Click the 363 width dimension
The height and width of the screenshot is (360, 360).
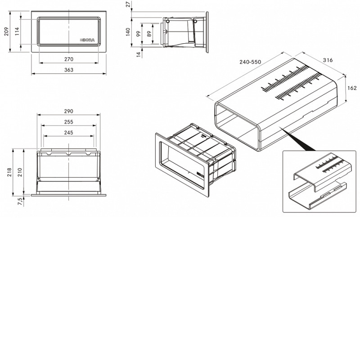(69, 70)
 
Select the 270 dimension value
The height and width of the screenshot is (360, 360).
(69, 59)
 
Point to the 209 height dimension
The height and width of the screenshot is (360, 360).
(6, 31)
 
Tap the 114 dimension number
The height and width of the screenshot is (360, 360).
(17, 31)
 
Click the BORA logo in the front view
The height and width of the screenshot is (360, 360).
(87, 40)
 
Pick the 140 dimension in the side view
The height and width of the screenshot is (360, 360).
(128, 32)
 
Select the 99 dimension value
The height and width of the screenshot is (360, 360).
(138, 34)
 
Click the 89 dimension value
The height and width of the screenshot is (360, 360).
(149, 34)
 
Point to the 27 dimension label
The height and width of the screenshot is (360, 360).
(128, 4)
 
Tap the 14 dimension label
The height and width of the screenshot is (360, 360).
(138, 54)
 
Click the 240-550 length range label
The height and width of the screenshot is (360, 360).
(250, 62)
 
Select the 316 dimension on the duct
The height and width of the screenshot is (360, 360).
(328, 60)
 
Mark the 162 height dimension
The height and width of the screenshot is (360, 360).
(352, 88)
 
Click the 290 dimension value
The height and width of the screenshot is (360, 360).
(69, 111)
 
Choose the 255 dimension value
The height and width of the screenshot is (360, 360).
(69, 122)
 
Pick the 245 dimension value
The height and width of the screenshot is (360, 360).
(69, 133)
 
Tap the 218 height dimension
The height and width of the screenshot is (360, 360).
(9, 172)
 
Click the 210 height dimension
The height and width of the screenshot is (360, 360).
(20, 172)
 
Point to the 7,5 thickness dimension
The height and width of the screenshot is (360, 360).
(20, 202)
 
